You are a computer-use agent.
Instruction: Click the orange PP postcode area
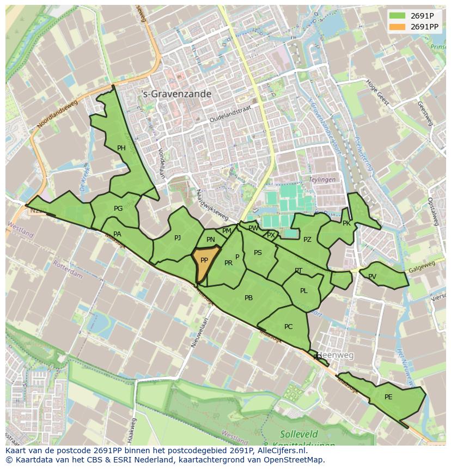[204, 264]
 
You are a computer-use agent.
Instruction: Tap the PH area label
[121, 148]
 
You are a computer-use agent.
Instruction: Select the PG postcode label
[118, 209]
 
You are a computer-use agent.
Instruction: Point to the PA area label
[117, 234]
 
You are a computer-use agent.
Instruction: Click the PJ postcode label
[178, 238]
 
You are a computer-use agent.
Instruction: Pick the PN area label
[211, 240]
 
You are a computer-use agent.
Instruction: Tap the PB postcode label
[248, 298]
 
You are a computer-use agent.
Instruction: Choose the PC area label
[289, 327]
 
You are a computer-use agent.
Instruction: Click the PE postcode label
[388, 397]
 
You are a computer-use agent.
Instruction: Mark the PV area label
[372, 277]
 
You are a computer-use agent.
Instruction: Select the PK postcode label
[346, 223]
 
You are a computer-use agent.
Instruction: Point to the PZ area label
[307, 240]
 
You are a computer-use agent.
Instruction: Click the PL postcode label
[304, 291]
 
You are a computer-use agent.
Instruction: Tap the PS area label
[258, 253]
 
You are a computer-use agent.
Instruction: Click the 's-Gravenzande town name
[176, 94]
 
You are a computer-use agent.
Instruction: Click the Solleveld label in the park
[297, 434]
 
